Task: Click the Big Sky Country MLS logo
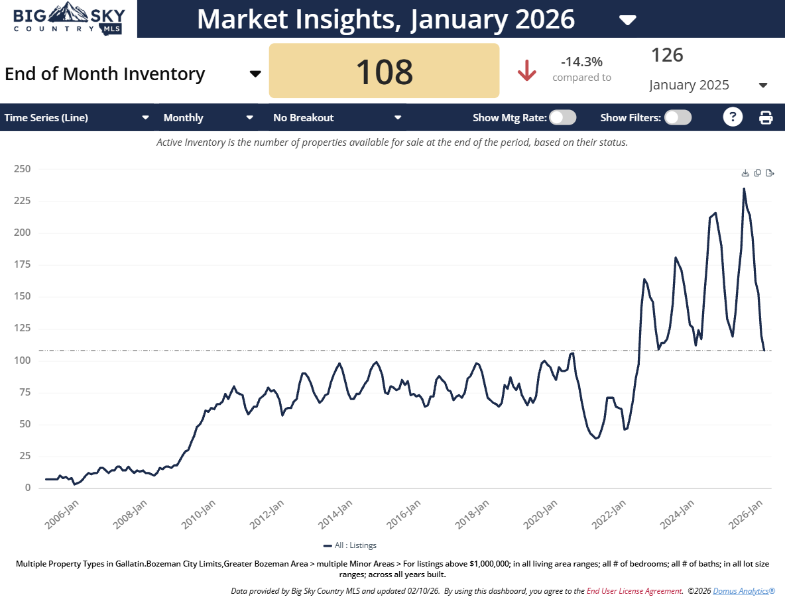[x=68, y=19]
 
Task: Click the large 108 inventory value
[x=384, y=72]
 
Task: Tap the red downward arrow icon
[x=527, y=70]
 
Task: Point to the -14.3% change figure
[x=581, y=62]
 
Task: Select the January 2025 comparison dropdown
[x=707, y=85]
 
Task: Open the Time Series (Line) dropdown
[x=77, y=118]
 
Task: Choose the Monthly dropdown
[x=208, y=118]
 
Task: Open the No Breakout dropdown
[x=337, y=118]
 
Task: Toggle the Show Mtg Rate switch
[x=563, y=117]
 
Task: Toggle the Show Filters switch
[x=678, y=117]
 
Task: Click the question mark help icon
[x=732, y=117]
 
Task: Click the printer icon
[x=766, y=118]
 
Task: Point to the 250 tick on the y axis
[x=23, y=169]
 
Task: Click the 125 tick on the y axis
[x=23, y=329]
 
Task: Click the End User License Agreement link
[x=634, y=590]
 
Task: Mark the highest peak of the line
[x=744, y=189]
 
